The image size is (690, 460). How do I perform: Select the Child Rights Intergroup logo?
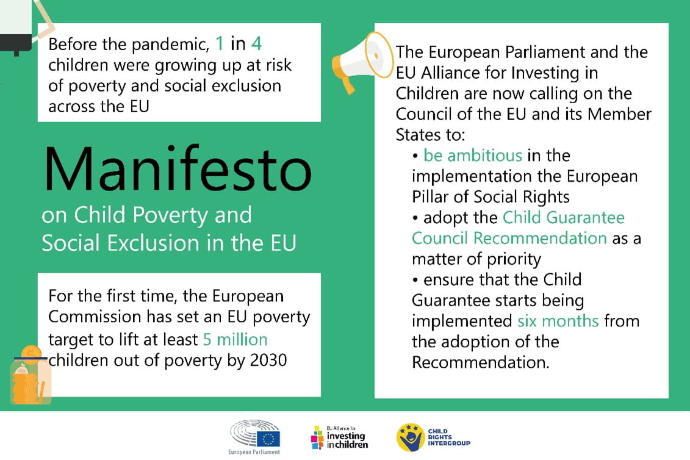(433, 437)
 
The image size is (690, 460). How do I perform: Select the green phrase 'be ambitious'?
(473, 156)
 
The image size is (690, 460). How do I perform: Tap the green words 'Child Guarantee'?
(563, 218)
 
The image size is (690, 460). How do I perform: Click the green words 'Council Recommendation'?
(509, 238)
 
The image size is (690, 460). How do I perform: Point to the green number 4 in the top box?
(256, 45)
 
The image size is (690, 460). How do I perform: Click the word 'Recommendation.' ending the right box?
(480, 362)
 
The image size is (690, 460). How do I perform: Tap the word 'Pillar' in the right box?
(433, 196)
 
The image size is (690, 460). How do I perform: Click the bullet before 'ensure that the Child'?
(416, 281)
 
